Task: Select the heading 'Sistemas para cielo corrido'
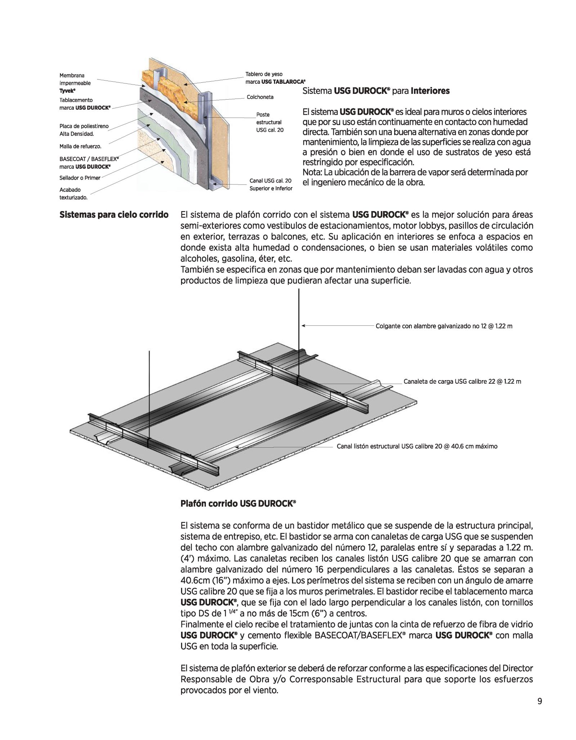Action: click(x=114, y=215)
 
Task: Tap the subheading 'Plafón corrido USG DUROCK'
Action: click(x=238, y=504)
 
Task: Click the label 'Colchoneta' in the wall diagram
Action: click(x=260, y=97)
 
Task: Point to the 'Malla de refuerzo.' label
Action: click(x=80, y=146)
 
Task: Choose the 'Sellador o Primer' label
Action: click(x=80, y=178)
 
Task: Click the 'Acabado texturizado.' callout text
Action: click(x=74, y=193)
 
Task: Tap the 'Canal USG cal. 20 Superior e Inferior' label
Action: click(x=271, y=184)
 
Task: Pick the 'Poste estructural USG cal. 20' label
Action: click(x=270, y=122)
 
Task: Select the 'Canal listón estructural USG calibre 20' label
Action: click(x=417, y=446)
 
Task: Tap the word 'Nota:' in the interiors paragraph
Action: click(x=312, y=172)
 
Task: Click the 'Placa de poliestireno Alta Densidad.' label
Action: click(x=84, y=130)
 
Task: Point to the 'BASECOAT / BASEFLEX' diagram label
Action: click(x=89, y=163)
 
